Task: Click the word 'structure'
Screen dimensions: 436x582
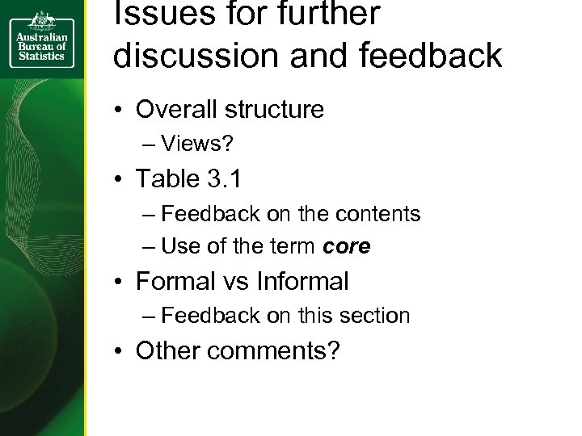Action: [x=277, y=109]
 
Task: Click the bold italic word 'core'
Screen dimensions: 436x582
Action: [x=346, y=247]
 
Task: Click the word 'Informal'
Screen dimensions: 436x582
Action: [x=302, y=282]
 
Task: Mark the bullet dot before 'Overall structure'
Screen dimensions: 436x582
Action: [x=118, y=110]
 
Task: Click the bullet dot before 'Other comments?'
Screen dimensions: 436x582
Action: [x=118, y=352]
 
